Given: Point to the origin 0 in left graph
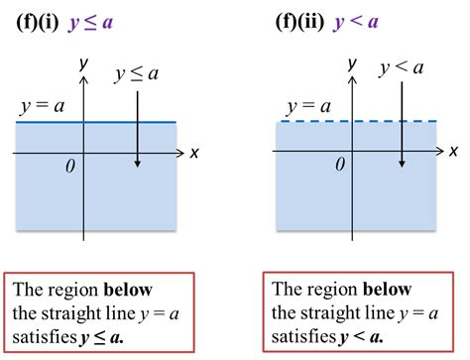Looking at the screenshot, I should [x=69, y=167].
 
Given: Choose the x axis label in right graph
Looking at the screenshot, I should [x=453, y=152].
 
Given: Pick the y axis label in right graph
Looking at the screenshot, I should [x=351, y=61].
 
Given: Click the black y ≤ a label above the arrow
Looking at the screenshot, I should [x=137, y=73].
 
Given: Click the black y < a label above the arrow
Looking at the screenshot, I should [x=402, y=68].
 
